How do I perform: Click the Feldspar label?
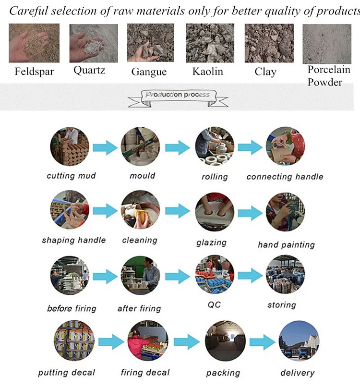pos(34,72)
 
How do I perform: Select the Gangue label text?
pos(149,72)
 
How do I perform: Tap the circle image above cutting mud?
pos(70,146)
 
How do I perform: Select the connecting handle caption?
pos(285,177)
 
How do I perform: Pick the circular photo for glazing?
pos(214,211)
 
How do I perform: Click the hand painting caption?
pos(286,245)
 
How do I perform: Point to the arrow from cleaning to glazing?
pos(178,210)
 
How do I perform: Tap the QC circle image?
pos(214,275)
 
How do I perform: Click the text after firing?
pos(139,308)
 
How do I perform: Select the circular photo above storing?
pos(285,274)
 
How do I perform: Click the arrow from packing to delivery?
pos(262,341)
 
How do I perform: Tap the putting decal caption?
pos(67,373)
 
